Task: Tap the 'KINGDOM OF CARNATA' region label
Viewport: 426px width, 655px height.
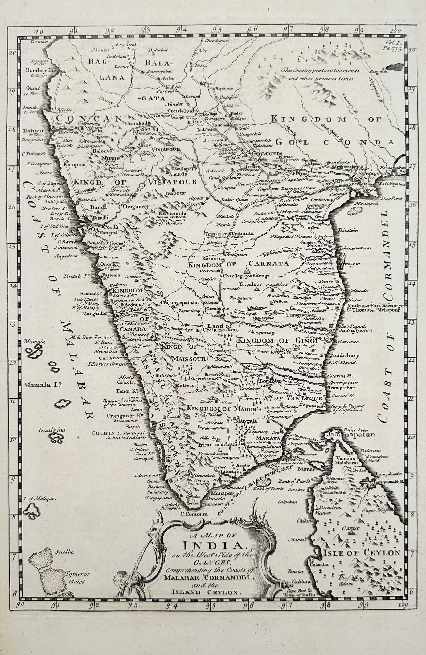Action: (238, 264)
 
